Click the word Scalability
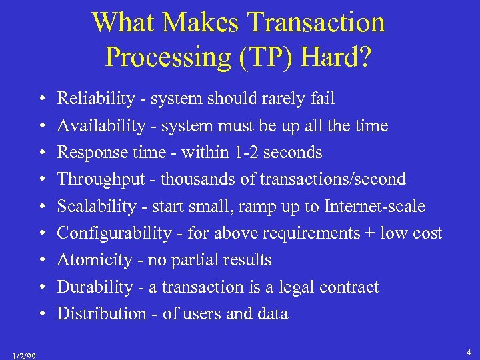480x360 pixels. tap(96, 207)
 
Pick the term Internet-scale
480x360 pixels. tap(374, 207)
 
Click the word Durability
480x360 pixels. tap(95, 287)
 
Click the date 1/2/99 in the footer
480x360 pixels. tap(24, 355)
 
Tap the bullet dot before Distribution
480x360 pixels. tap(42, 315)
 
